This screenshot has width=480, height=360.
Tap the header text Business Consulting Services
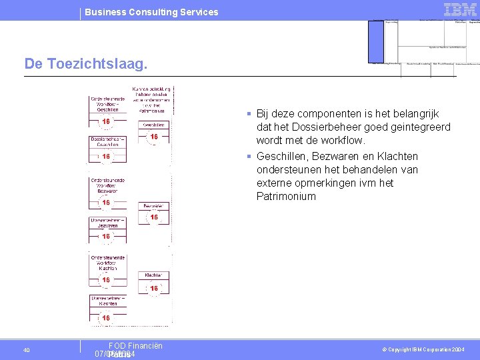coord(151,12)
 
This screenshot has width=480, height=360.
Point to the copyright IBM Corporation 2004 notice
coord(424,350)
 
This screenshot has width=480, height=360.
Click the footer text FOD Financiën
coord(135,345)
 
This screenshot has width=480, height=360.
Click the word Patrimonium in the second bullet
coord(286,196)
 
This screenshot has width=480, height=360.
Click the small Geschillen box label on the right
coord(153,125)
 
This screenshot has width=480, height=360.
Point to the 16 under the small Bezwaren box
coord(153,217)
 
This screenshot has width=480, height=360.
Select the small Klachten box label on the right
coord(153,275)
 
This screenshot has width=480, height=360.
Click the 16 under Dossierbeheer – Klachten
coord(106,318)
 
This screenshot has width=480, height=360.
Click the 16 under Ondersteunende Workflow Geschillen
coord(106,122)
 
